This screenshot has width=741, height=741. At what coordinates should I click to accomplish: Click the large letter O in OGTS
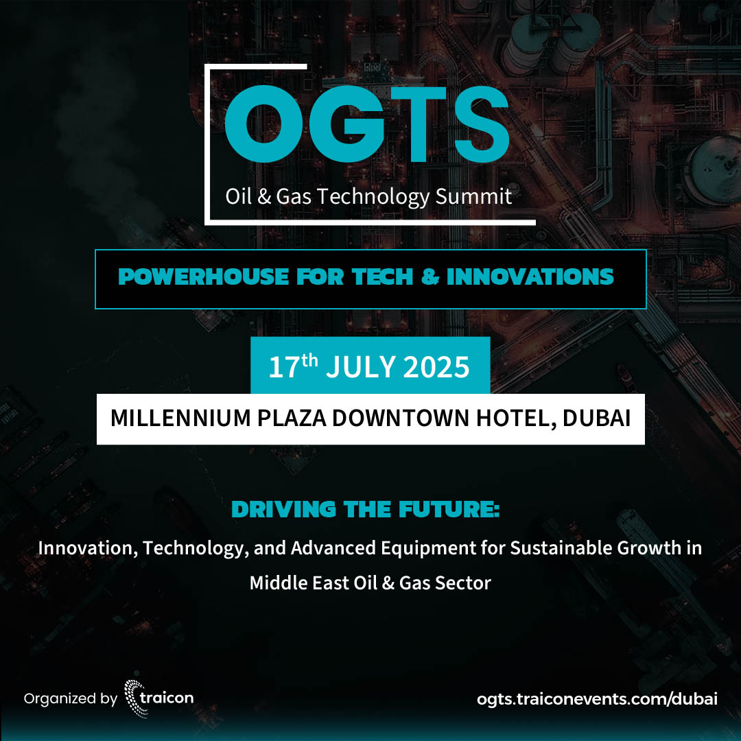click(263, 123)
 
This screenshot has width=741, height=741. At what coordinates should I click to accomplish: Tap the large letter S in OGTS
click(482, 123)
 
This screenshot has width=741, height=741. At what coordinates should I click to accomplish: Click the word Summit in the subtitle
click(473, 196)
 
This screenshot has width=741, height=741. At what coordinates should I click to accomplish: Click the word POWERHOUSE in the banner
click(203, 277)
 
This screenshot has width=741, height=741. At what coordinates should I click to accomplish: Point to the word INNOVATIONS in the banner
click(530, 277)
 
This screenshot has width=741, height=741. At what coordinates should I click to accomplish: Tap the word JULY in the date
click(361, 366)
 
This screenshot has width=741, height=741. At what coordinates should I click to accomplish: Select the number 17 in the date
click(285, 368)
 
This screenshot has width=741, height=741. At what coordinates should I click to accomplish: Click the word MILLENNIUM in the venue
click(180, 419)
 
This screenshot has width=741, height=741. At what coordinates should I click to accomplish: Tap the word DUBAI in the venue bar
click(596, 419)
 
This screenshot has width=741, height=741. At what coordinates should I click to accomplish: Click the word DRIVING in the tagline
click(283, 509)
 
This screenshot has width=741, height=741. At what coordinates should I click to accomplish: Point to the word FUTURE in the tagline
click(449, 509)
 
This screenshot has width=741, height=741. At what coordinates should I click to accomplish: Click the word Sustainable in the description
click(561, 548)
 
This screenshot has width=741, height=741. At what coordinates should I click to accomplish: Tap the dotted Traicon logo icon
click(134, 698)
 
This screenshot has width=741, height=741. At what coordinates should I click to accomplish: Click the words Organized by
click(71, 699)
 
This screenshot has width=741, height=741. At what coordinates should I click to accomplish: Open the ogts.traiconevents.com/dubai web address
click(597, 699)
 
